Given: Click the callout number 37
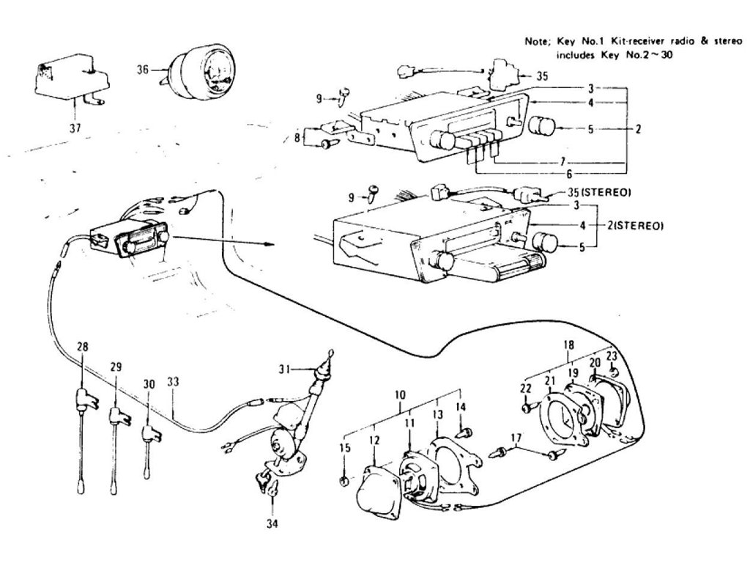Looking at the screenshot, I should [x=75, y=128].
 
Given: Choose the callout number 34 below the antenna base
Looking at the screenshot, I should [x=272, y=523].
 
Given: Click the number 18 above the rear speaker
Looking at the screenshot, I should [x=568, y=345].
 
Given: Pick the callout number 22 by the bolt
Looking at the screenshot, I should [x=526, y=388].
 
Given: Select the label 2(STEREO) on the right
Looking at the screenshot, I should [x=634, y=226].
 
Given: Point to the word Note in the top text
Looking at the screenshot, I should [x=535, y=42].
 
